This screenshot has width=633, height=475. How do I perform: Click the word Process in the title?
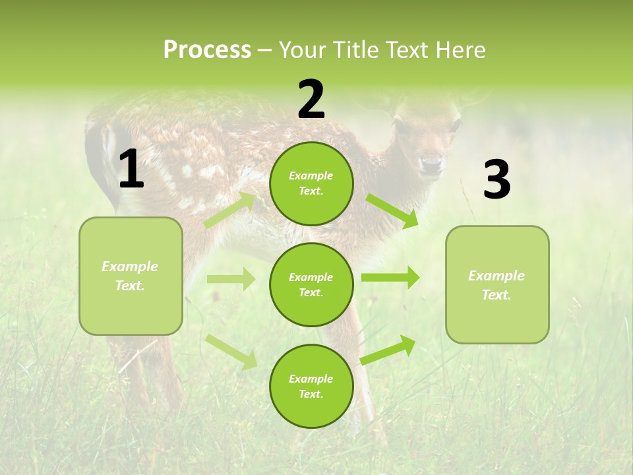[207, 50]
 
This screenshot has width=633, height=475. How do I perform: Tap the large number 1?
[131, 170]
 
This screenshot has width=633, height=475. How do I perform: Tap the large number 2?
[311, 100]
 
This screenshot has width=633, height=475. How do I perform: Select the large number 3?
[497, 180]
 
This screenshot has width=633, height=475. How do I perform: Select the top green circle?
[311, 183]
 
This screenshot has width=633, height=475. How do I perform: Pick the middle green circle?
[311, 284]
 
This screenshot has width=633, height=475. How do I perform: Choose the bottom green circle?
[311, 386]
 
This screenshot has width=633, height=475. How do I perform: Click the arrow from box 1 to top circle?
[230, 210]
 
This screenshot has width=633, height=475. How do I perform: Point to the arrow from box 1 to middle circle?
[231, 279]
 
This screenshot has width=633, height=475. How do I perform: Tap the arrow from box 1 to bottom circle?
[231, 352]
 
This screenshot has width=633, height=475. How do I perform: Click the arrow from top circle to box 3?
[392, 211]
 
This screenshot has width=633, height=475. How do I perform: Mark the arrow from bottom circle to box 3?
[388, 350]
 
